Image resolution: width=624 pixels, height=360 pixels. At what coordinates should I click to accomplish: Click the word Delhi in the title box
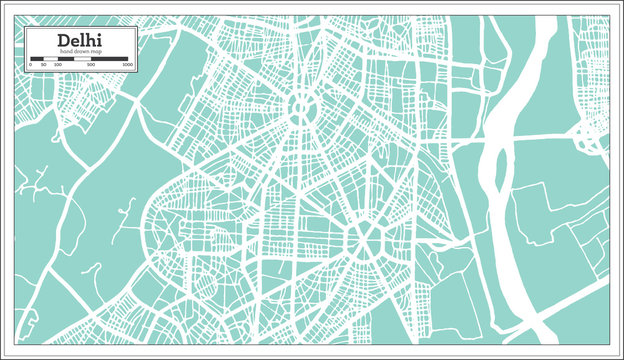pos(79,39)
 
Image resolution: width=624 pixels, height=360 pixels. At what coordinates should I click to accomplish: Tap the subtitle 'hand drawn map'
pos(79,51)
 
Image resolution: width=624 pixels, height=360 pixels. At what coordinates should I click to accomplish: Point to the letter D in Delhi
pos(63,39)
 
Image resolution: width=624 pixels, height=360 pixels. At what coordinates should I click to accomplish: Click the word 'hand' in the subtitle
pos(65,51)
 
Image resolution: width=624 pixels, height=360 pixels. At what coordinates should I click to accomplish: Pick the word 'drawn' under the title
pos(79,51)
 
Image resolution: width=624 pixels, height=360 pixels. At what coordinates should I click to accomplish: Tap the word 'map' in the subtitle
pos(93,51)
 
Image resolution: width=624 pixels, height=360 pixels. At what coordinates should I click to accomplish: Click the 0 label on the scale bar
pos(31,65)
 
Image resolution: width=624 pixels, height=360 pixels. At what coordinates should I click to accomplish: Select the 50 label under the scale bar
pos(45,65)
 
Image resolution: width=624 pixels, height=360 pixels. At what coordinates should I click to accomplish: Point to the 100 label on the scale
pos(58,65)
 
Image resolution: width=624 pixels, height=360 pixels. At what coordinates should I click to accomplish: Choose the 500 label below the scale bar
pos(91,65)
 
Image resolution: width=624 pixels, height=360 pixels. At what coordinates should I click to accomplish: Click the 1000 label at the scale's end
pos(127,65)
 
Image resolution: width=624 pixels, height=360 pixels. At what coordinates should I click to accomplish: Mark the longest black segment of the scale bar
pos(110,59)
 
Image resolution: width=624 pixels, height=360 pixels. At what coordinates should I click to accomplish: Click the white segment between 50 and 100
pos(51,59)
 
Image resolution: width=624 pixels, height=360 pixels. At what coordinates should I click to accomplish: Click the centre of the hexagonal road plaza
pos(364,237)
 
